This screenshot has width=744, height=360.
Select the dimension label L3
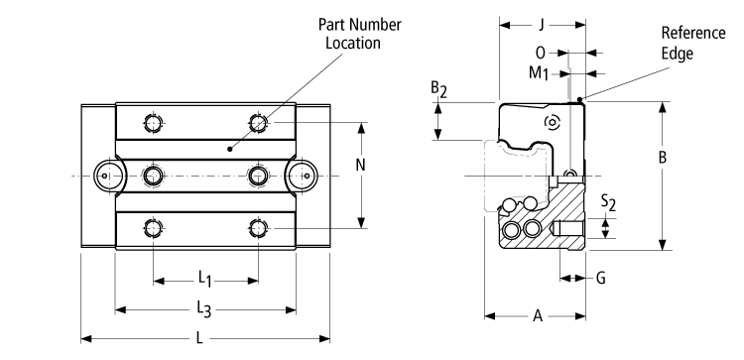(x=204, y=309)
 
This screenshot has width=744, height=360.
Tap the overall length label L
(x=201, y=339)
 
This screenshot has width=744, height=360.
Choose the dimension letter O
(x=540, y=53)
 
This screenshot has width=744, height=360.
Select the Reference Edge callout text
(x=685, y=46)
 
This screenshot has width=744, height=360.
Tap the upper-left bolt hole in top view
(x=152, y=123)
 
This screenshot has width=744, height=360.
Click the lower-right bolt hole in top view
(x=259, y=227)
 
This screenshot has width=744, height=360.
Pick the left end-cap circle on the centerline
(x=105, y=175)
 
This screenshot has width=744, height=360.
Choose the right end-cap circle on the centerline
(x=304, y=175)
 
